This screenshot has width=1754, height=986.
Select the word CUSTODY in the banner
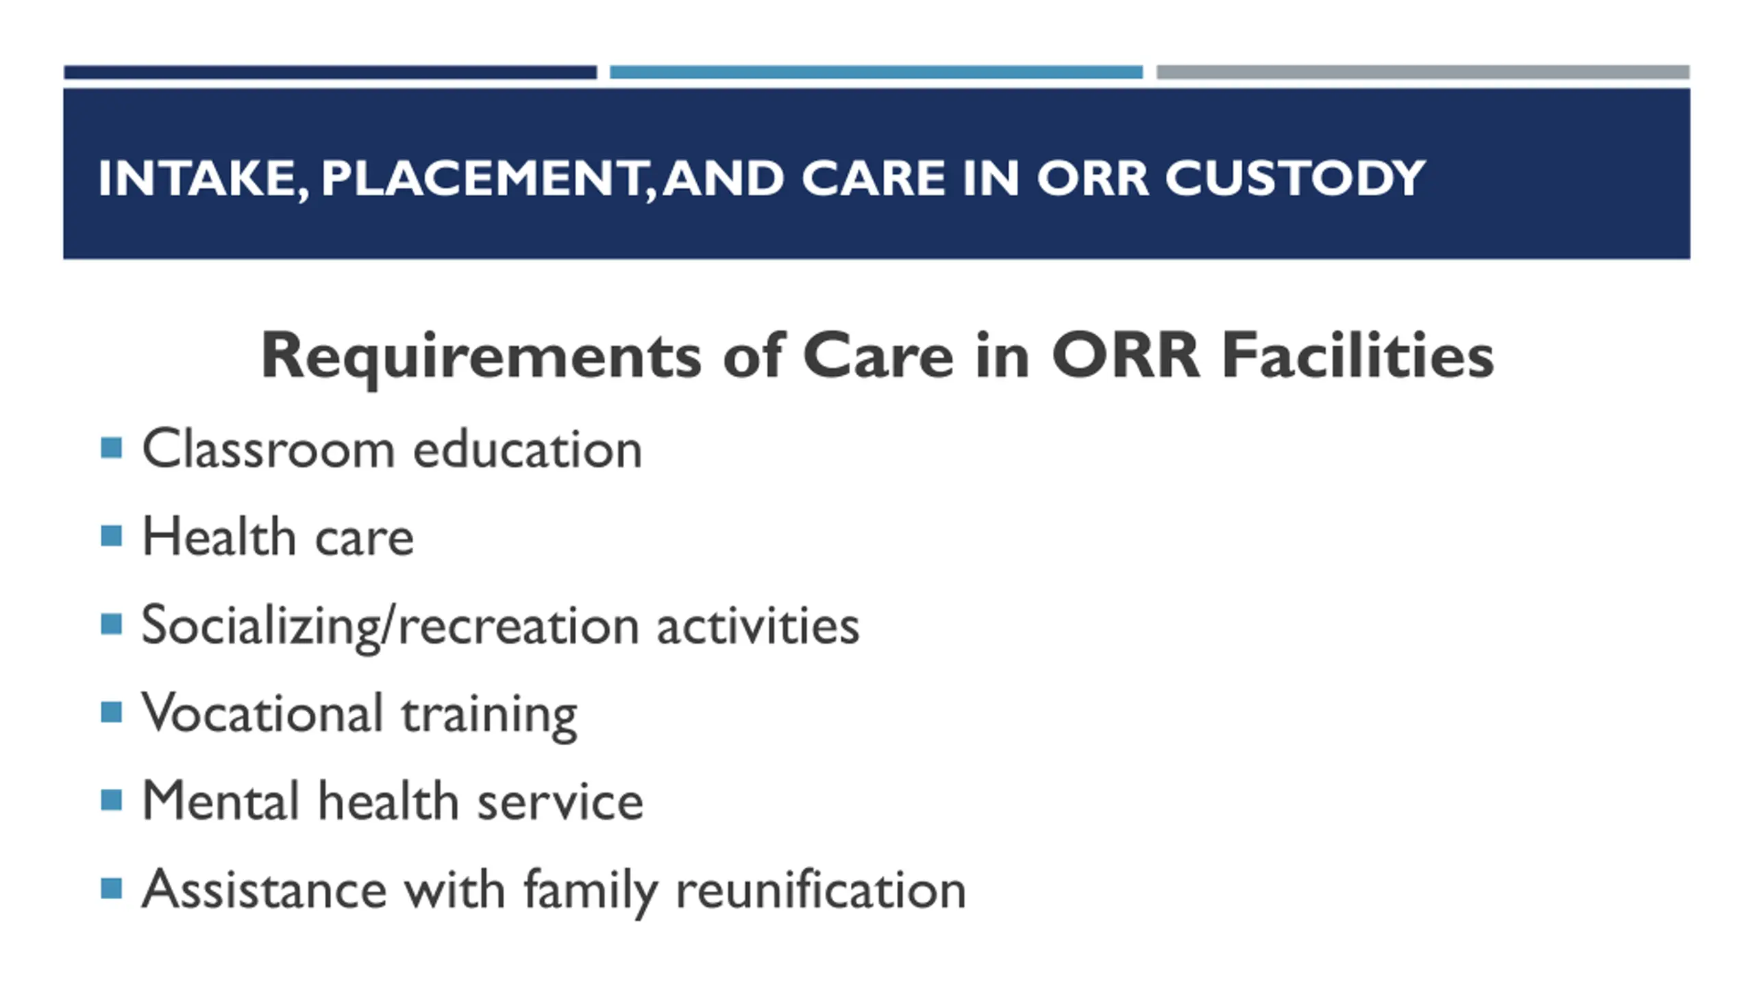pos(1295,178)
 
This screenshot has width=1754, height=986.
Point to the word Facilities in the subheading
pos(1357,354)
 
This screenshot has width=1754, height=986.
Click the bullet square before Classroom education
pos(111,448)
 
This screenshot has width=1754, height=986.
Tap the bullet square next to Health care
pos(111,535)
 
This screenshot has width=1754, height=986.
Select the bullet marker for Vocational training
pos(111,712)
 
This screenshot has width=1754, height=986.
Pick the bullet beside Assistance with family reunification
pos(111,889)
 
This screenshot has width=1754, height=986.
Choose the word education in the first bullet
pos(528,448)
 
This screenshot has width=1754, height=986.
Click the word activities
pos(758,624)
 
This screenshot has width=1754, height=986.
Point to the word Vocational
pos(262,713)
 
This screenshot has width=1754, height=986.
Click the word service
pos(560,801)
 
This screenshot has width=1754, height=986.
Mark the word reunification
pos(821,889)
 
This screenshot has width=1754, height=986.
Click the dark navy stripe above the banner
pos(330,72)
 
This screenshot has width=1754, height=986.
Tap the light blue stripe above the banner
pos(876,72)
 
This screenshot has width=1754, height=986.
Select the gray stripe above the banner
pos(1423,72)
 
